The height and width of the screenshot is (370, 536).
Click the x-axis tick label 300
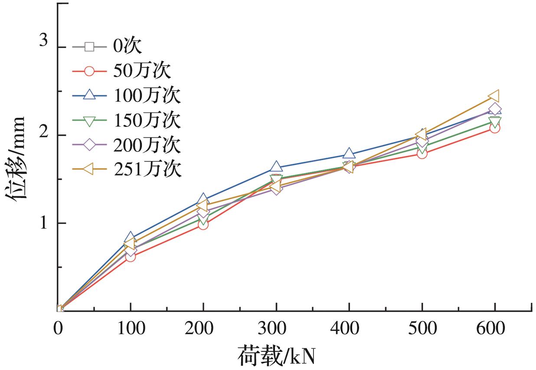click(x=276, y=329)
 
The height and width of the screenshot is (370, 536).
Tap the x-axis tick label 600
click(x=495, y=329)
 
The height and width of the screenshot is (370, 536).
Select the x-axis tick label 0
click(x=58, y=329)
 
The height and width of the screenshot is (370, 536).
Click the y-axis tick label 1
click(x=43, y=223)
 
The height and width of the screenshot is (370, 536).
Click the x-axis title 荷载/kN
click(x=276, y=357)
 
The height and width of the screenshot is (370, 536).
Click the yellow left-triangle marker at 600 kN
click(x=494, y=96)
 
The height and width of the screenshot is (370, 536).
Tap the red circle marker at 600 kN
click(x=495, y=127)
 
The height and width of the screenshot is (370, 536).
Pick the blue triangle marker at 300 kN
click(x=276, y=167)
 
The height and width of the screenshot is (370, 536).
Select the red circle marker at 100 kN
click(x=131, y=256)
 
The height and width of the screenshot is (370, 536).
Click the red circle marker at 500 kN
click(x=422, y=153)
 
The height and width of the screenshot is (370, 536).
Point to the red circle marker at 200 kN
click(x=203, y=224)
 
